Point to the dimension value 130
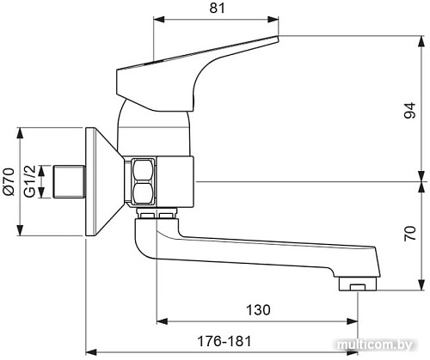[x=257, y=309]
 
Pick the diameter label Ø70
[x=9, y=182]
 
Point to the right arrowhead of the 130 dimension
[x=354, y=322]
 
